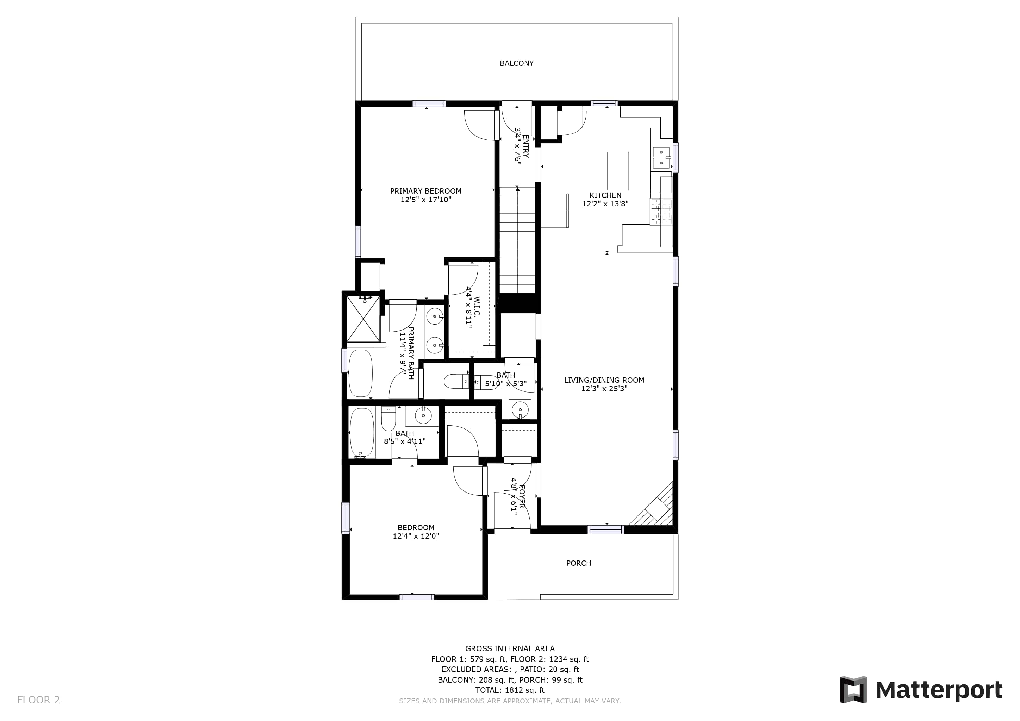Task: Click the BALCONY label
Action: [516, 63]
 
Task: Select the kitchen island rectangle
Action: [618, 171]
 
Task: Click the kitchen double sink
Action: [661, 158]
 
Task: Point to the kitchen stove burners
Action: [661, 211]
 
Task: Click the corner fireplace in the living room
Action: [654, 506]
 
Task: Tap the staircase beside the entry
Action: [517, 240]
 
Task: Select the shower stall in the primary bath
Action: [363, 318]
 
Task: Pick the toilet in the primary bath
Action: [456, 381]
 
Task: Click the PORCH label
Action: [578, 563]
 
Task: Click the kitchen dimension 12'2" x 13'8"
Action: [605, 204]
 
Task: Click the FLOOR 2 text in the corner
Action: [38, 700]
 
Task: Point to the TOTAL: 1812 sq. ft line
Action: [510, 690]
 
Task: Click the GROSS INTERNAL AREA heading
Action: [510, 648]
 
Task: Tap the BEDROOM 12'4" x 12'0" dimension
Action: [416, 536]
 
